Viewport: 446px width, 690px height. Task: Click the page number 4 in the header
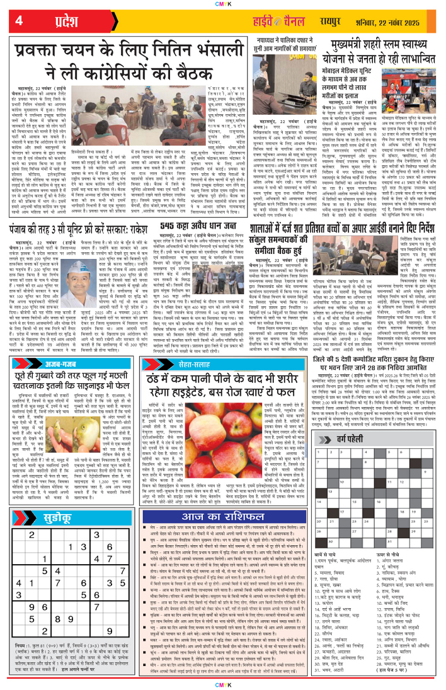(18, 21)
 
